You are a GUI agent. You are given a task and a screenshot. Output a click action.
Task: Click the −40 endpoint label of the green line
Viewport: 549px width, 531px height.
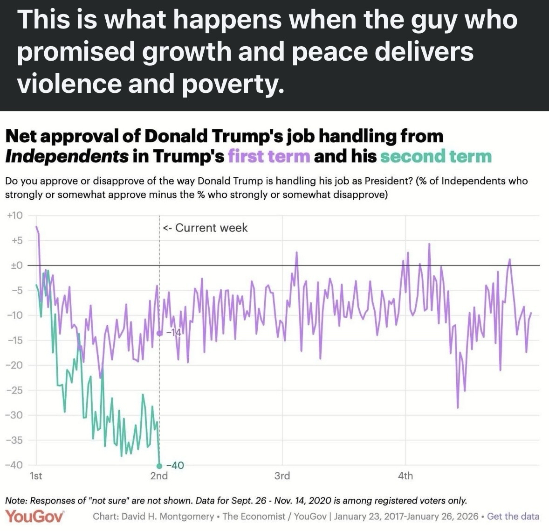[175, 465]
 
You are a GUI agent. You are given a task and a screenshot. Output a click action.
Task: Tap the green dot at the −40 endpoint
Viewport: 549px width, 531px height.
[159, 466]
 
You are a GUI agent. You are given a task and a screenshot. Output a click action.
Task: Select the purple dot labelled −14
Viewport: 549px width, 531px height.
[159, 333]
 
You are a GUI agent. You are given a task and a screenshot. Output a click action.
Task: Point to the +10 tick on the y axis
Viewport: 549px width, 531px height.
[14, 216]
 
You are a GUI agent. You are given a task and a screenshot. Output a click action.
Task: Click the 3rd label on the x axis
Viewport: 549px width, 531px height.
[282, 476]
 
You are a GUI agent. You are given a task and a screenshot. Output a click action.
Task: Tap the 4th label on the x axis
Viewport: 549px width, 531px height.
[405, 476]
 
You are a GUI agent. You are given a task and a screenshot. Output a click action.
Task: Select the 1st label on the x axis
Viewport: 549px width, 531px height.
[36, 476]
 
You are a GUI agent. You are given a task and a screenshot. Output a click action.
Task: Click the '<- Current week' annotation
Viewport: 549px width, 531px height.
[206, 228]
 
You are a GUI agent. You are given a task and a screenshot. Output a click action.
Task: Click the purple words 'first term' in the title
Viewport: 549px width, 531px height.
[269, 156]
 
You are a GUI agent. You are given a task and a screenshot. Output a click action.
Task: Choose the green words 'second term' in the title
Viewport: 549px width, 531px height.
[436, 156]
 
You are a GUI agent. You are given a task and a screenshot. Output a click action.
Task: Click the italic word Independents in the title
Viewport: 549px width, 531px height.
[66, 156]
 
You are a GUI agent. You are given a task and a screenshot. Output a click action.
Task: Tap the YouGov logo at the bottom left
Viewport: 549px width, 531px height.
[34, 516]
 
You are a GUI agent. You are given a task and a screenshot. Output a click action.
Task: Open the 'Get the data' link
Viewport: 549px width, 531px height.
[513, 517]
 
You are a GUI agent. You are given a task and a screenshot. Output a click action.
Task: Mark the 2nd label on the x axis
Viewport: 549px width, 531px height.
[159, 476]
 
